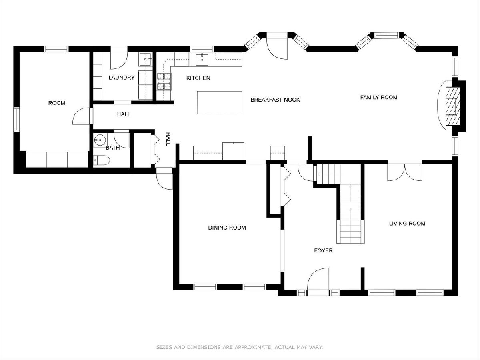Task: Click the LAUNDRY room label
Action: tap(121, 78)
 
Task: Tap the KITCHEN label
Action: tap(198, 78)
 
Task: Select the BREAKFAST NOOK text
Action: tap(275, 100)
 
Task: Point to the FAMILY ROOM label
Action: tap(379, 97)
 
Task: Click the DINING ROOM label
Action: tap(227, 228)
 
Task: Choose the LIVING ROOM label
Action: tap(407, 223)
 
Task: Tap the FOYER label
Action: tap(323, 250)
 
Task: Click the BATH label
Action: tap(113, 148)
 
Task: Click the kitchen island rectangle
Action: tap(219, 102)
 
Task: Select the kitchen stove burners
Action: tap(164, 81)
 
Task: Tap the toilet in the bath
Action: tap(101, 160)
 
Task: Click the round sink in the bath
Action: tap(100, 140)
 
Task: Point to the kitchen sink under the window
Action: tap(202, 59)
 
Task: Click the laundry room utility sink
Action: tap(146, 59)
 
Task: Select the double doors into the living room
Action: tap(404, 172)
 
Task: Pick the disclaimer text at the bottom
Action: tap(240, 347)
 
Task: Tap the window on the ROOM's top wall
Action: tap(56, 49)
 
